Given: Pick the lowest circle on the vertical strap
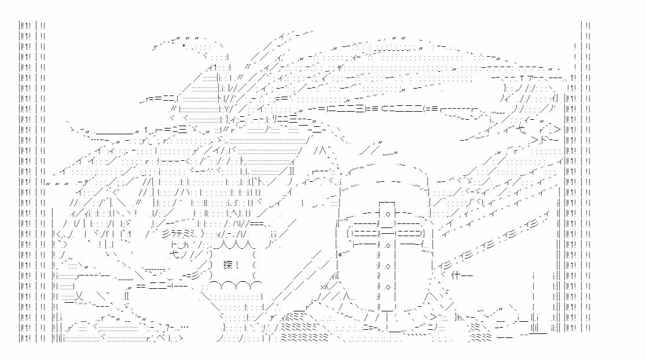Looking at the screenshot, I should click(386, 285).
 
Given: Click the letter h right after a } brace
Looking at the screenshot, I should click(460, 317).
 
